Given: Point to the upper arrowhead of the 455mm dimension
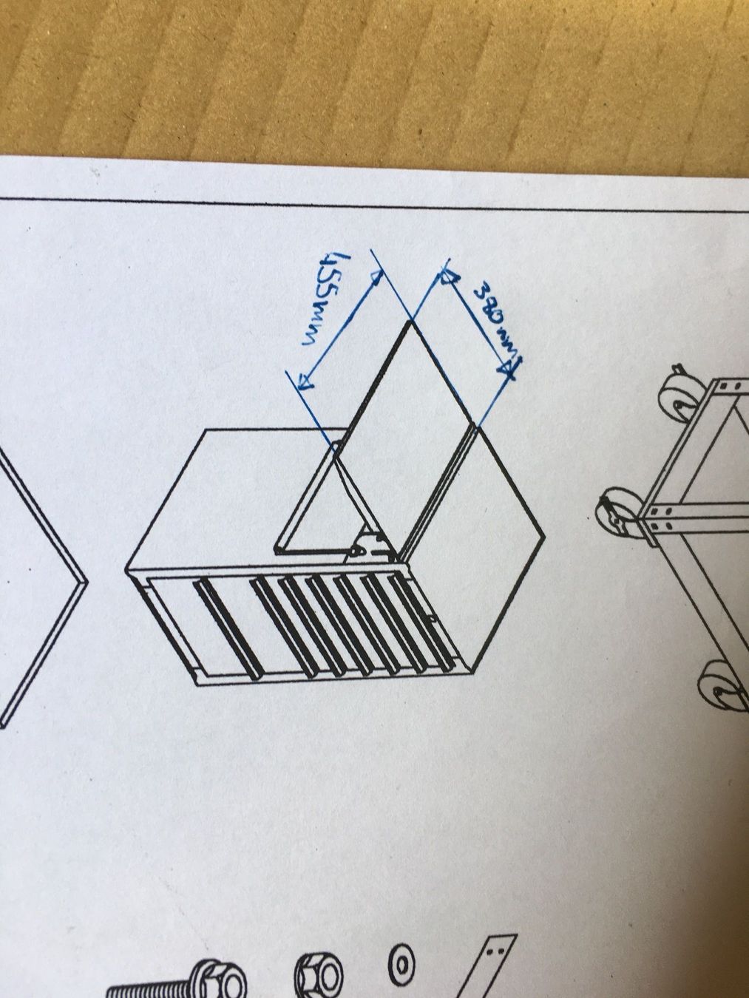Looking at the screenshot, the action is [x=376, y=277].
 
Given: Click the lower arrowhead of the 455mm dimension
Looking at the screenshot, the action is [x=305, y=381].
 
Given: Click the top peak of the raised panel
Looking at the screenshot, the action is [x=410, y=322].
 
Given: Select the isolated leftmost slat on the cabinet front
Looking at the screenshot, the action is [x=226, y=631].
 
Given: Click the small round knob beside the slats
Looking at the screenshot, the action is [x=432, y=617].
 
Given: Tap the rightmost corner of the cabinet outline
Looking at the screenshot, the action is [x=545, y=536].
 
